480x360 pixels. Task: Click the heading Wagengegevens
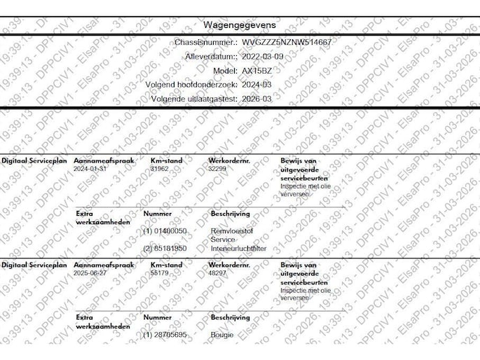(240, 25)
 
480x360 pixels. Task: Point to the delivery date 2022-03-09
(263, 57)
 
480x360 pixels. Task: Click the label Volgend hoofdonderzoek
(191, 85)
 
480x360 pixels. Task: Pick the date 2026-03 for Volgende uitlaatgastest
(256, 99)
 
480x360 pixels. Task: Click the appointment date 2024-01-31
(90, 169)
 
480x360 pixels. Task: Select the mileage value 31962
(160, 169)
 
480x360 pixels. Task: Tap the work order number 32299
(218, 169)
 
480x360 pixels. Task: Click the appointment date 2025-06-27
(90, 273)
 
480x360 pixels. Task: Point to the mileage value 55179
(160, 273)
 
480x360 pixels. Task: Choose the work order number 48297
(218, 273)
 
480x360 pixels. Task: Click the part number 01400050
(170, 230)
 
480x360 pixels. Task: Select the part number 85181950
(170, 248)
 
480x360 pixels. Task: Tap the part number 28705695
(170, 335)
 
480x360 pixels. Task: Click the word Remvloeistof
(231, 230)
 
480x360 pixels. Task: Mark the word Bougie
(222, 335)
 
